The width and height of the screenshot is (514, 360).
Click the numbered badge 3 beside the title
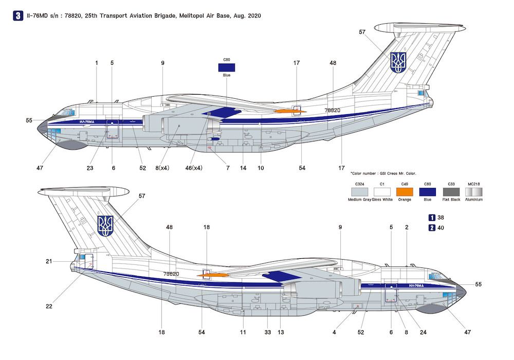[18, 16]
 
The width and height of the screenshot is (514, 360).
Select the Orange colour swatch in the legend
[405, 191]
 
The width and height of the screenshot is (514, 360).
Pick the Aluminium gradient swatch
[474, 191]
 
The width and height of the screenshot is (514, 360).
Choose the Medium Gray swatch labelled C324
[359, 191]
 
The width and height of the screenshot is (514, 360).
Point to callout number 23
[90, 168]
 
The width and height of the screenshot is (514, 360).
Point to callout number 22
[49, 307]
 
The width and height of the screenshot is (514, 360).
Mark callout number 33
[267, 333]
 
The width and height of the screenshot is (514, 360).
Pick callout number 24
[423, 333]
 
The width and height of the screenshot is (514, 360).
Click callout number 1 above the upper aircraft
[96, 63]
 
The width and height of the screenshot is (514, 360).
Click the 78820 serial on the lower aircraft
[171, 274]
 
